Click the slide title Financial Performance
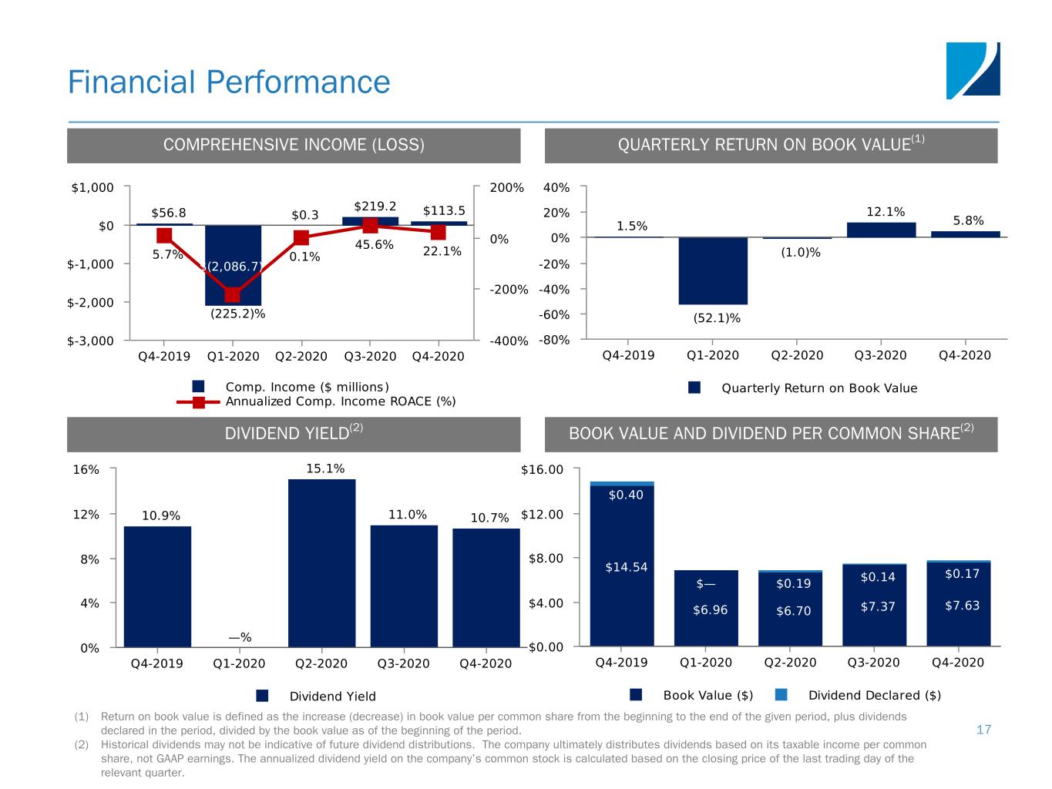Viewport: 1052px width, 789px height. (x=229, y=82)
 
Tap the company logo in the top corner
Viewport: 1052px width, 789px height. (x=973, y=71)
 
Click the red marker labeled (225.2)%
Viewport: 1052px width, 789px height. (x=233, y=295)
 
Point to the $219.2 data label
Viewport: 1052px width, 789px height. (x=375, y=206)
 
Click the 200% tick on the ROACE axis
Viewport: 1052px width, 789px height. (x=506, y=188)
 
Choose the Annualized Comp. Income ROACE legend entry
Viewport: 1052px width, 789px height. (x=340, y=401)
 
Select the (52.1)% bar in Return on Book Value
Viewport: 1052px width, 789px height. (x=713, y=270)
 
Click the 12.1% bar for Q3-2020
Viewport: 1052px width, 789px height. (x=881, y=230)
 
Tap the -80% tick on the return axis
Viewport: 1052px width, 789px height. (x=556, y=340)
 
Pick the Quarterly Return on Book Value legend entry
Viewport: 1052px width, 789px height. (x=818, y=388)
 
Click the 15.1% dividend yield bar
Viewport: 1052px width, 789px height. (x=321, y=562)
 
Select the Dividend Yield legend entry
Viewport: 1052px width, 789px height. (x=332, y=696)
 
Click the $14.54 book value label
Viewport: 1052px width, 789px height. (x=626, y=567)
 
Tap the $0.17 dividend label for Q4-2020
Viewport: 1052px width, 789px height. (x=962, y=573)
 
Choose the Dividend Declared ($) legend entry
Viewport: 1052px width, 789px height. (x=874, y=695)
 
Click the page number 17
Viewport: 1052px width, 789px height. (x=983, y=730)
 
